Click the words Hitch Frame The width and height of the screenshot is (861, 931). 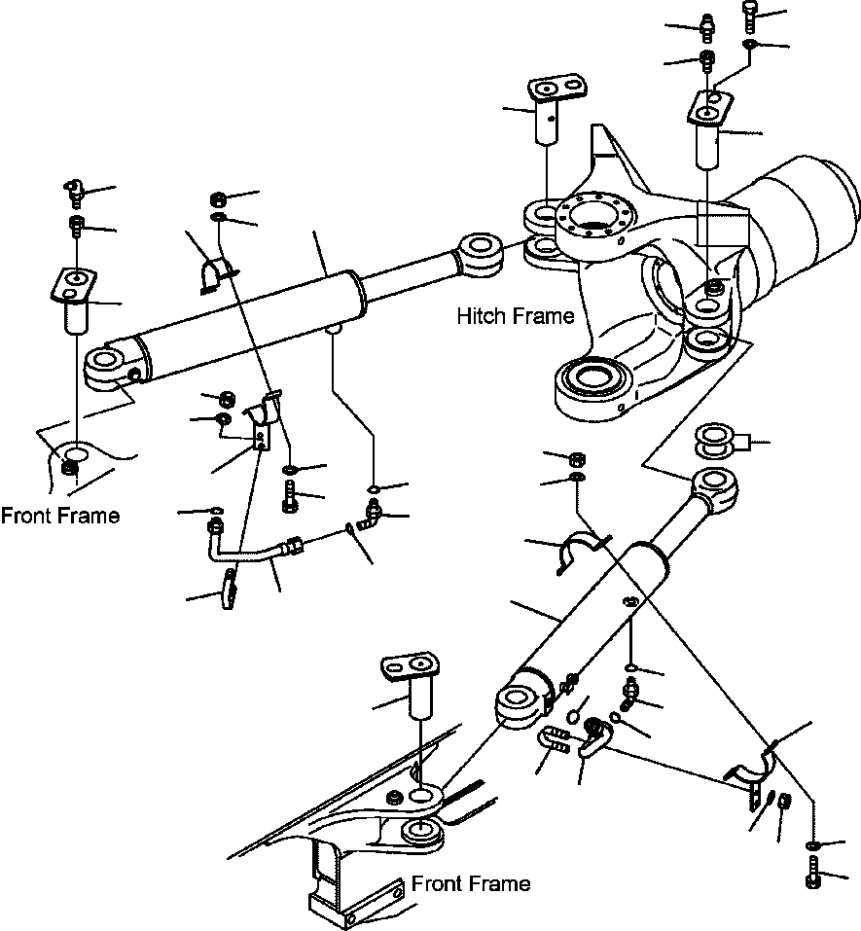[515, 316]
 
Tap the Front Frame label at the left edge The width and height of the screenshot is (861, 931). [60, 516]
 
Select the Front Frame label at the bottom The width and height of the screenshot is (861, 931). [471, 883]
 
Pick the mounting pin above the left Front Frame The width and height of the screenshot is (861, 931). [74, 303]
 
